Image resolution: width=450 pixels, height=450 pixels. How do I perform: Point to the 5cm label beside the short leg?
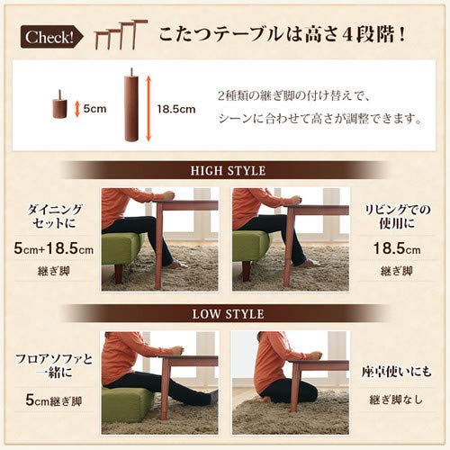click(x=94, y=109)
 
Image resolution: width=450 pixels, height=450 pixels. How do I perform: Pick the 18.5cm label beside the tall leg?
click(x=175, y=109)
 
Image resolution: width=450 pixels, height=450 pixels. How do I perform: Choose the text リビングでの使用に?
click(x=397, y=215)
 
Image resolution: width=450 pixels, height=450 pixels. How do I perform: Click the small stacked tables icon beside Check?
click(x=114, y=35)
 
